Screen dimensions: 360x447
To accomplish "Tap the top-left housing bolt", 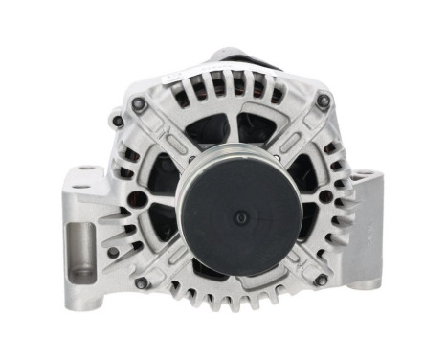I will tap(140, 102).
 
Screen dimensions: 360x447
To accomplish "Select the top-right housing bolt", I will tap(324, 100).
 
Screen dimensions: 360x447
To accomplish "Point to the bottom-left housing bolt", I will tap(141, 282).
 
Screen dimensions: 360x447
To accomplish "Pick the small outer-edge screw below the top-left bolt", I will tap(117, 122).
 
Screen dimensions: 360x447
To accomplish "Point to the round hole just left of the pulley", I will tap(139, 199).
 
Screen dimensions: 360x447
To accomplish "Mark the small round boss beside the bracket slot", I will tap(113, 252).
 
